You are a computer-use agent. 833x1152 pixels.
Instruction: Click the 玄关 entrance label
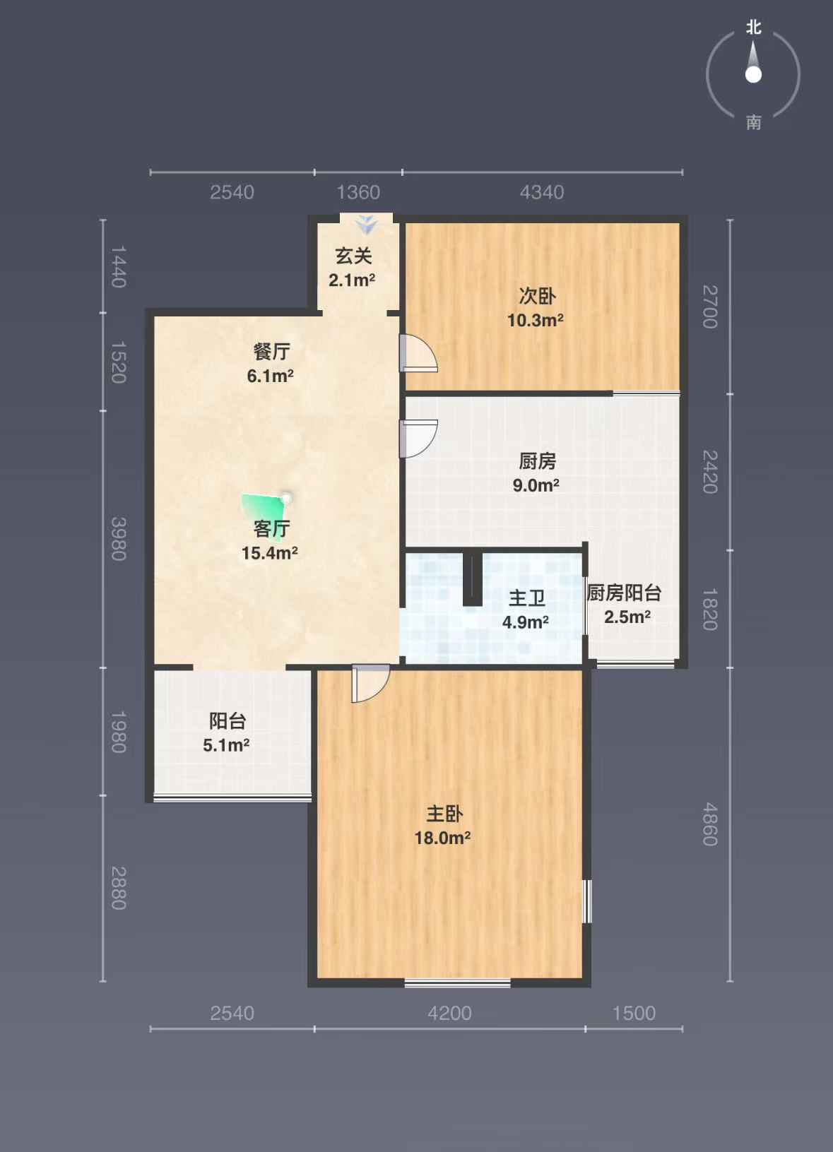pos(353,256)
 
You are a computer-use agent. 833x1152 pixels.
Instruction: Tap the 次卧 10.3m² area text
pos(536,321)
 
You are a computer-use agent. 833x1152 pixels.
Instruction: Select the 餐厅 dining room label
pos(271,351)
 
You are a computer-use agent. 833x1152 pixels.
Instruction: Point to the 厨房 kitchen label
pos(537,461)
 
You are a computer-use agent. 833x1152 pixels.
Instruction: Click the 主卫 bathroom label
pos(526,598)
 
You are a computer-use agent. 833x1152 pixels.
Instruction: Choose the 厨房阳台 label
pos(624,593)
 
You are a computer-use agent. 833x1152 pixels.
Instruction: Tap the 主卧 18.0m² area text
pos(442,838)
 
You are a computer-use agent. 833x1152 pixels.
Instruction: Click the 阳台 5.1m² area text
pos(226,744)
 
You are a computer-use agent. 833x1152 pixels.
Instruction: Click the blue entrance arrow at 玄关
pos(366,224)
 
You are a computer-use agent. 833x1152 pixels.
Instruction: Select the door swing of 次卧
pos(418,352)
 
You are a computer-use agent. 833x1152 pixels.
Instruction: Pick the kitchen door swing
pos(418,439)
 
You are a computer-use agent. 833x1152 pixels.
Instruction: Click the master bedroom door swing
pos(370,684)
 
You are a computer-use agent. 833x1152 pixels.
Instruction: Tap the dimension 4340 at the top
pos(542,192)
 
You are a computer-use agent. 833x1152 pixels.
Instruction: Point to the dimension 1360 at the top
pos(358,192)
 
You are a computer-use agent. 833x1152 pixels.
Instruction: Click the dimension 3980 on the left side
pos(119,539)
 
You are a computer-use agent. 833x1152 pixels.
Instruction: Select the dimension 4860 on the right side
pos(710,824)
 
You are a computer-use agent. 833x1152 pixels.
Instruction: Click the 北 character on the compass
pos(754,27)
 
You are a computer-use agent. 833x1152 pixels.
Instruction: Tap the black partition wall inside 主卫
pos(473,578)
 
